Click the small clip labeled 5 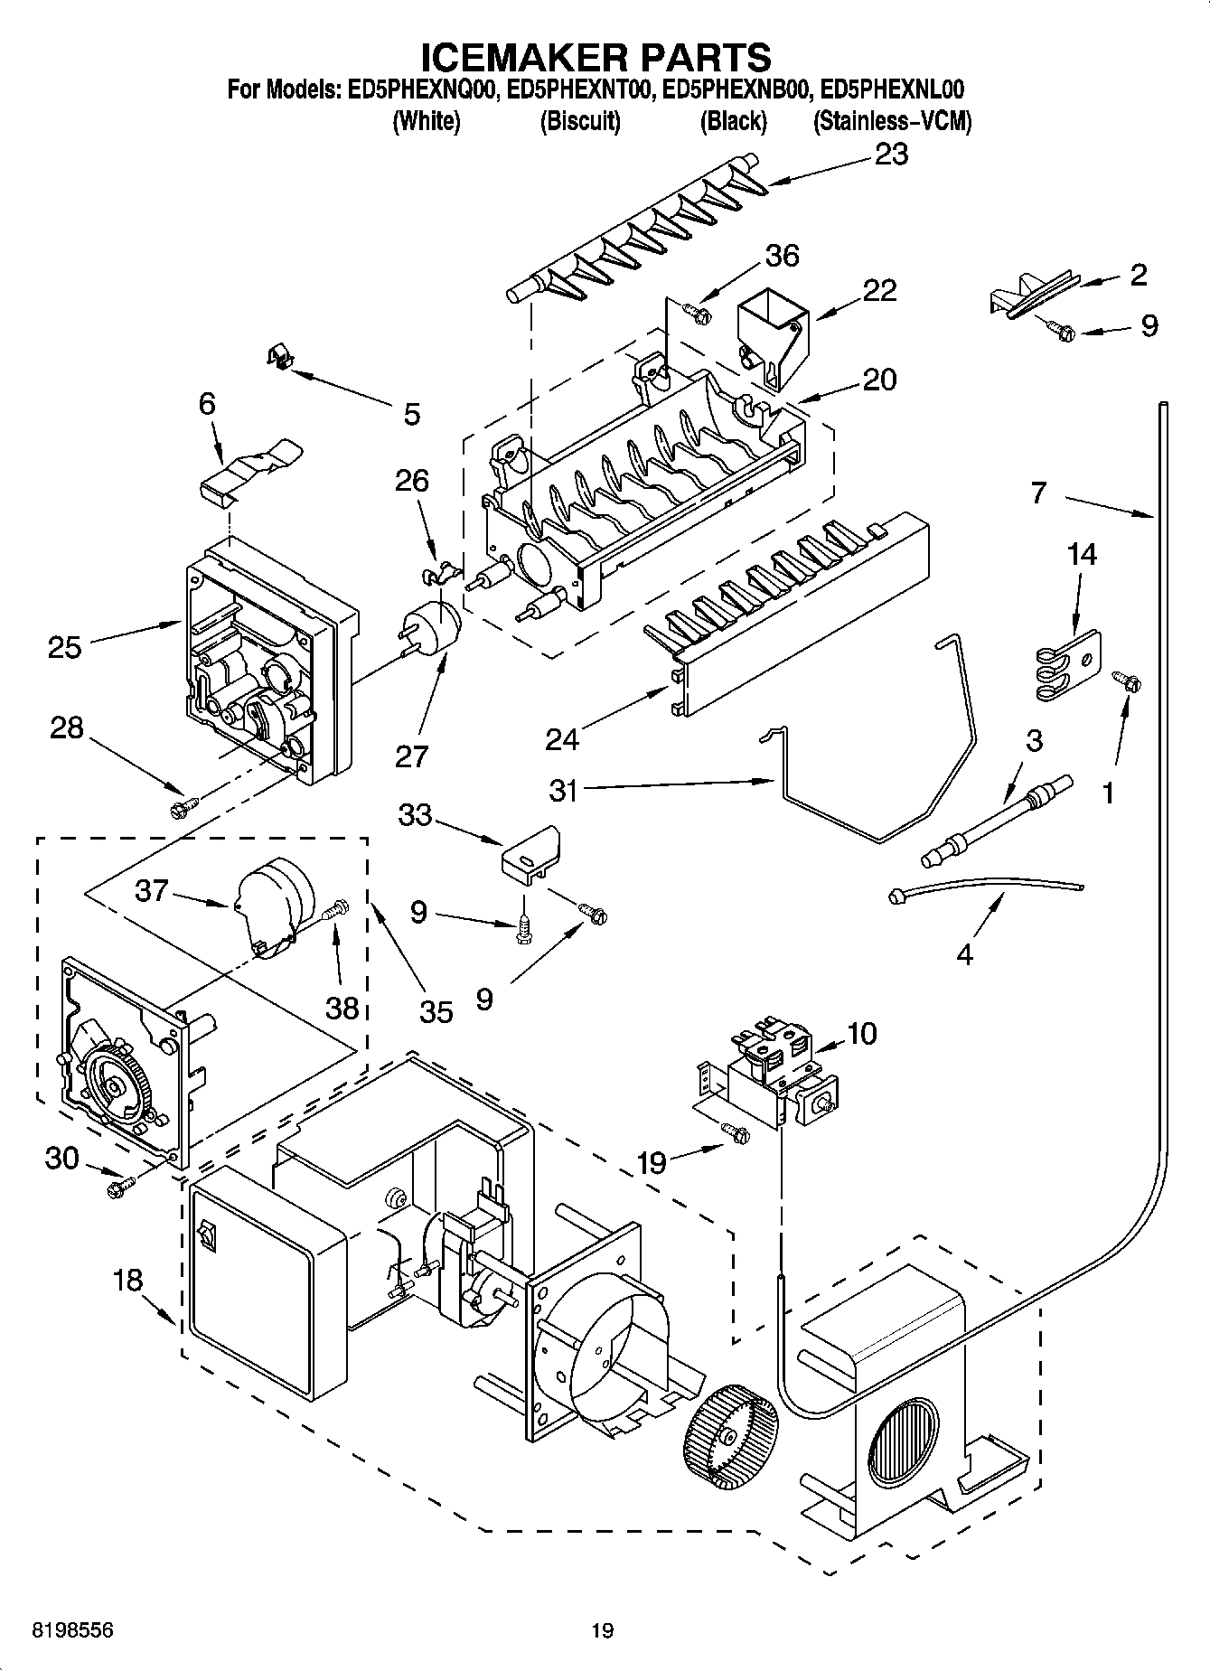(280, 359)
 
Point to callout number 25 (65, 647)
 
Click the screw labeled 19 (736, 1131)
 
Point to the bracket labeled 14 (1067, 663)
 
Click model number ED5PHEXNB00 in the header (733, 89)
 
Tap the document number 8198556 (60, 1630)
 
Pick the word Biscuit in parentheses (580, 122)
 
